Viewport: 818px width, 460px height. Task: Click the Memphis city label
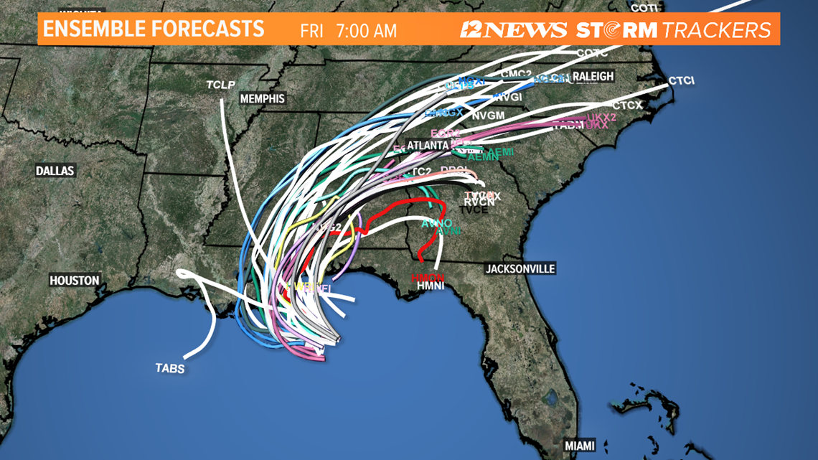point(262,99)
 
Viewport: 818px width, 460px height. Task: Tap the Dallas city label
point(56,171)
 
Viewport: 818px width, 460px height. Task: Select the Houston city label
point(75,281)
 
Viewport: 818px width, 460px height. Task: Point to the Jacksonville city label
point(520,268)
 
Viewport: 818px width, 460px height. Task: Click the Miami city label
point(579,446)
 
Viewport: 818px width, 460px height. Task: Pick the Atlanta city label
point(428,145)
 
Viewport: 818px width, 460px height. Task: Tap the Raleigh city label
point(593,76)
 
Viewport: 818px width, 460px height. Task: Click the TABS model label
point(170,369)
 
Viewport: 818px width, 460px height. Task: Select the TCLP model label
point(221,85)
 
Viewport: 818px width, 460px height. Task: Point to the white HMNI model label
point(431,286)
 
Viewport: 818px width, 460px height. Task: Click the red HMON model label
point(428,278)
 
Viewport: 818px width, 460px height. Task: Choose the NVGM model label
point(489,115)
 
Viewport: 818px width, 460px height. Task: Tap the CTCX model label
point(627,106)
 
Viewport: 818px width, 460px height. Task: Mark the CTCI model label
point(681,80)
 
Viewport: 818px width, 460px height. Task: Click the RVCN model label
point(479,202)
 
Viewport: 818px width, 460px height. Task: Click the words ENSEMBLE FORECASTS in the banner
point(153,29)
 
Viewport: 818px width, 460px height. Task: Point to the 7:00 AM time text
point(367,31)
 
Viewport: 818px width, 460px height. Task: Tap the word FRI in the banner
point(311,31)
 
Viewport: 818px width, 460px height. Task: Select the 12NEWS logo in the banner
point(514,30)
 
